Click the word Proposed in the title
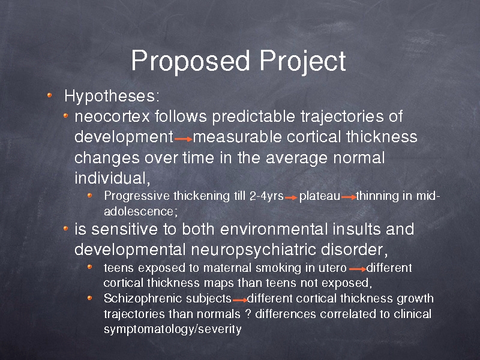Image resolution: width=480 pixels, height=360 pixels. click(x=190, y=62)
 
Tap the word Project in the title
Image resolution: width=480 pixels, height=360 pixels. click(x=303, y=62)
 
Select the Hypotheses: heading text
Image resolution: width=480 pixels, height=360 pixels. click(x=112, y=97)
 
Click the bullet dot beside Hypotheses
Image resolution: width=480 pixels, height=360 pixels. click(x=50, y=95)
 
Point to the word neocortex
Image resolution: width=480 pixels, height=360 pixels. click(x=112, y=116)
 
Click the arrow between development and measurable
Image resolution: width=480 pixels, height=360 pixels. click(x=184, y=139)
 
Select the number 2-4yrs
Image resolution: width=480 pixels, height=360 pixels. click(x=266, y=196)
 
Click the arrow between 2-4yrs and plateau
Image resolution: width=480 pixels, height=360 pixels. click(x=291, y=198)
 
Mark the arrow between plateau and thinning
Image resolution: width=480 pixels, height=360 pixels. click(x=349, y=197)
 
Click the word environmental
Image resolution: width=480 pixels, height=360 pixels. click(x=271, y=229)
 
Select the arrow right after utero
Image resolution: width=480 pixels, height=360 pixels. click(x=358, y=269)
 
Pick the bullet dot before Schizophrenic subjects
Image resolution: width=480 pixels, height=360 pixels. click(x=89, y=298)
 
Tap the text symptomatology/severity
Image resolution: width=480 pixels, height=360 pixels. click(x=173, y=329)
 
